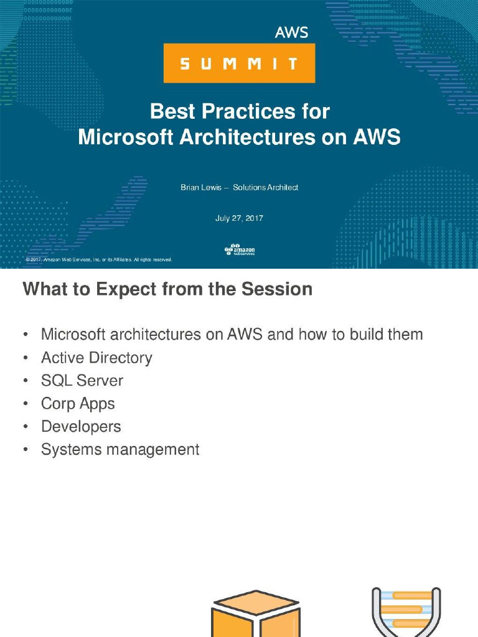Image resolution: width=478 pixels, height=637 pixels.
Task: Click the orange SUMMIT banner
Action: [239, 63]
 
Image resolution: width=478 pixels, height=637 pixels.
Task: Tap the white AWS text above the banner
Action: [291, 32]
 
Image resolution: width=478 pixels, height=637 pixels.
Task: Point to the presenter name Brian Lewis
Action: [197, 187]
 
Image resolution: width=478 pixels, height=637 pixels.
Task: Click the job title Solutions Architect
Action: [266, 187]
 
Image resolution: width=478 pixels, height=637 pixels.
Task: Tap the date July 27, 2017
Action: [239, 218]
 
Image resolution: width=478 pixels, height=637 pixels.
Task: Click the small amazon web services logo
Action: [240, 250]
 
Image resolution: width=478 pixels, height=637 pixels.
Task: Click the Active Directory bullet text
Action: [96, 358]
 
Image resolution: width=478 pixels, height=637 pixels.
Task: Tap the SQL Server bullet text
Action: [82, 381]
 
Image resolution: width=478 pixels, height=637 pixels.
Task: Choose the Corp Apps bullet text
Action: [78, 404]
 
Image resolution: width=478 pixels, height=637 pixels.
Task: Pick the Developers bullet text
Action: [81, 427]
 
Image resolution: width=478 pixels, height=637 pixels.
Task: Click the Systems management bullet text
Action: [120, 450]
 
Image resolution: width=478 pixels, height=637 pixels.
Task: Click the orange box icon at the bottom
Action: [256, 616]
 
